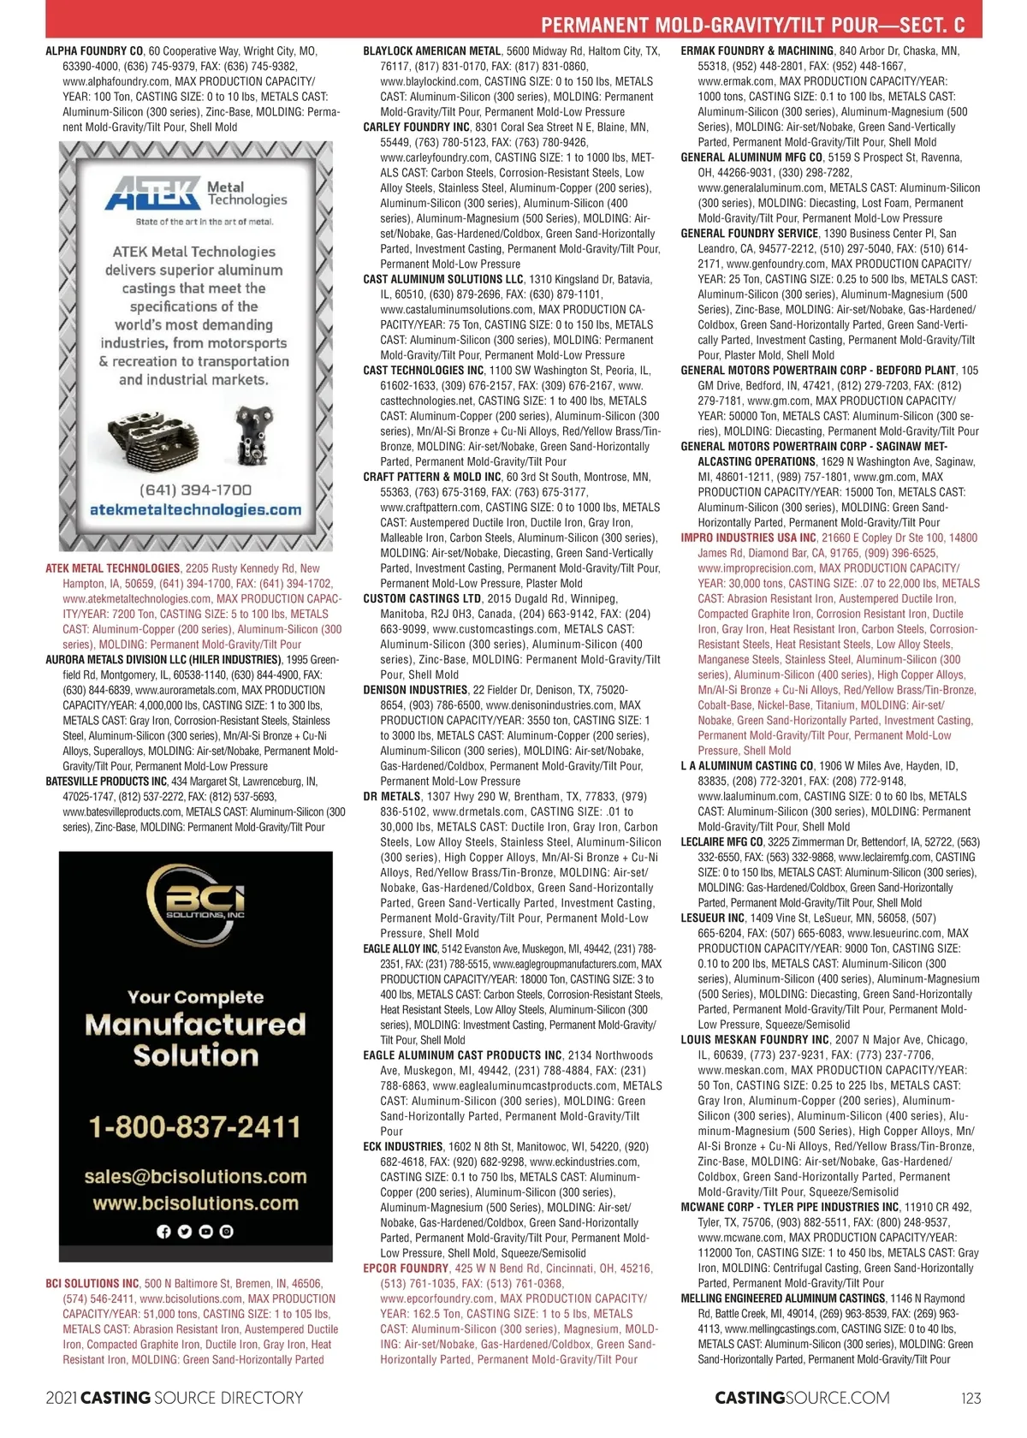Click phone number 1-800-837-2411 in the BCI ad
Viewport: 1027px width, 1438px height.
point(195,1126)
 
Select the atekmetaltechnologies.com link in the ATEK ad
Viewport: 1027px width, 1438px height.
point(195,510)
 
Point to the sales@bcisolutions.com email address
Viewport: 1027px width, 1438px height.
point(195,1177)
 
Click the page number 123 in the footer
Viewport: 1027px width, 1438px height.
point(971,1398)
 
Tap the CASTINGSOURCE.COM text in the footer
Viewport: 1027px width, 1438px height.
point(802,1398)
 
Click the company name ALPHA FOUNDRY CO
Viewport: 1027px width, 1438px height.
point(94,51)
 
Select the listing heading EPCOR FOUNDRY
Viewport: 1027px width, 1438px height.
point(406,1269)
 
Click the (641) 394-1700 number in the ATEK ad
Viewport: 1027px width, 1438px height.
point(195,490)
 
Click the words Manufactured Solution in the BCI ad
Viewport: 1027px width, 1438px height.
point(195,1039)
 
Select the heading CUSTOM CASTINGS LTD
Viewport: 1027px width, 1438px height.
point(422,599)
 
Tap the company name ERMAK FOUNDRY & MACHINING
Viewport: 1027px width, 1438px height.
point(757,51)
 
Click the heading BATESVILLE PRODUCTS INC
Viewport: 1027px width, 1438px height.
point(106,781)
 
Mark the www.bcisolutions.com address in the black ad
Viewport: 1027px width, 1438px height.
point(195,1203)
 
